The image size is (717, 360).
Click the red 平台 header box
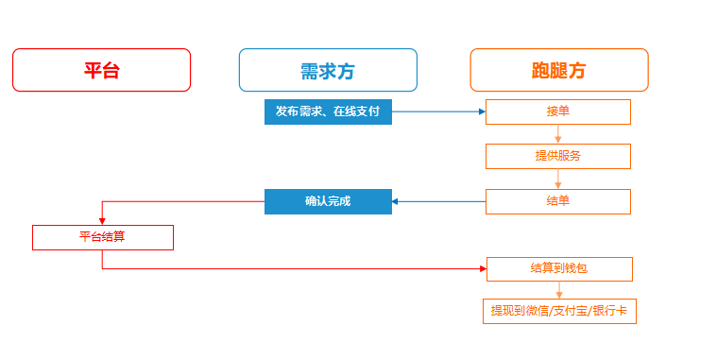(x=101, y=70)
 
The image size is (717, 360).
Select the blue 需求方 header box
(x=327, y=70)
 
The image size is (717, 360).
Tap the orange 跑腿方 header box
(x=558, y=70)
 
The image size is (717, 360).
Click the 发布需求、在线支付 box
(x=327, y=111)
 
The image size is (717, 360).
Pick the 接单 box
(x=557, y=111)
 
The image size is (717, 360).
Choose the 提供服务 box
(x=557, y=156)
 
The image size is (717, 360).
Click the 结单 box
(x=557, y=201)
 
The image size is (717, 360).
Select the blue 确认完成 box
(x=327, y=201)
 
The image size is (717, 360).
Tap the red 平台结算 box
(x=102, y=237)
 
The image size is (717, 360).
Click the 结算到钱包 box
(x=558, y=268)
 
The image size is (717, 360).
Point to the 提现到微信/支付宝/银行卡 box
(x=558, y=311)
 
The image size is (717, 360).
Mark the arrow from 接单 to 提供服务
(x=558, y=134)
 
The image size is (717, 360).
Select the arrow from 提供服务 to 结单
(x=558, y=180)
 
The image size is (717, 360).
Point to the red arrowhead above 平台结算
(x=102, y=219)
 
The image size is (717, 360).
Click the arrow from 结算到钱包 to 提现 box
(x=558, y=290)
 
